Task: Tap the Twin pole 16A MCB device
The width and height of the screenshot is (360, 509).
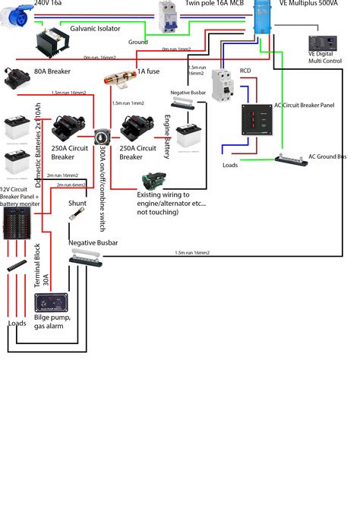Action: (x=168, y=17)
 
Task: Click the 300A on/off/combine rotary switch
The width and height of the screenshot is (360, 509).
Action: (x=101, y=138)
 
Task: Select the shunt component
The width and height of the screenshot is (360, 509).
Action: (x=77, y=216)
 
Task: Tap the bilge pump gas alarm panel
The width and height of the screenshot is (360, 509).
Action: (x=51, y=305)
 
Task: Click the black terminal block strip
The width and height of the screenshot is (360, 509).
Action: (x=17, y=267)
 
